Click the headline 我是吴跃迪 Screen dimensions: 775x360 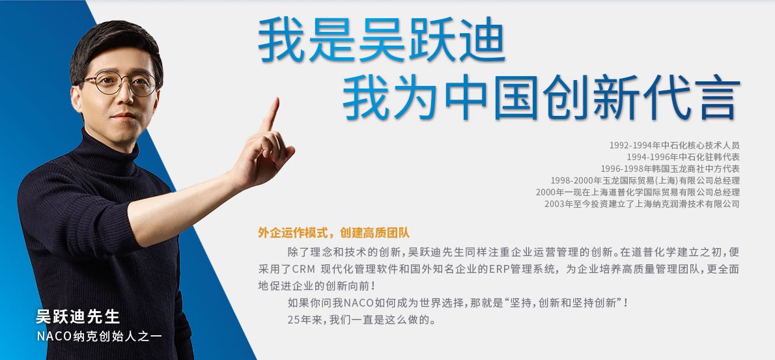(x=380, y=40)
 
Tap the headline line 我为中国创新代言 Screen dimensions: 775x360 (x=541, y=97)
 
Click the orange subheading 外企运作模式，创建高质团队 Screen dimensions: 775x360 (x=333, y=232)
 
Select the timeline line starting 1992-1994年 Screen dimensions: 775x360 (x=674, y=145)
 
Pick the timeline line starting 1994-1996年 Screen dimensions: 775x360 (x=683, y=157)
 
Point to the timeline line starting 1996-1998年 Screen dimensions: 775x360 (x=669, y=169)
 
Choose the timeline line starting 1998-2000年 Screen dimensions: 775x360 (x=645, y=181)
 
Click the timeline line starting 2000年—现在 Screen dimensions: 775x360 (x=638, y=192)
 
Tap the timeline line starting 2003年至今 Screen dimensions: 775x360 (x=642, y=204)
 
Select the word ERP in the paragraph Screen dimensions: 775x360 (x=499, y=270)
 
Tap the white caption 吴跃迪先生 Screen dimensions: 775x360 (x=77, y=316)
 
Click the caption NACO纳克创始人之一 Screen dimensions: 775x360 (x=100, y=337)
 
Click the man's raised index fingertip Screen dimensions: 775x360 (x=275, y=100)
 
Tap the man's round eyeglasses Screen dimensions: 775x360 (x=119, y=83)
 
